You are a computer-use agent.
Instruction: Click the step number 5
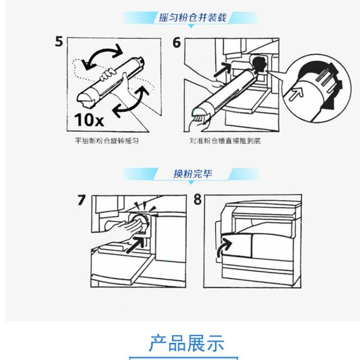(x=59, y=41)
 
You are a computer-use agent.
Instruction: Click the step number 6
(x=176, y=42)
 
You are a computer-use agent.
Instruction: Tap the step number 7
(x=81, y=200)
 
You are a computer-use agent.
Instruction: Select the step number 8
(x=198, y=199)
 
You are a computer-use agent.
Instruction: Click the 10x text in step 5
(x=89, y=120)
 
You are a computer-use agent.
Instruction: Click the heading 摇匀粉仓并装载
(x=193, y=18)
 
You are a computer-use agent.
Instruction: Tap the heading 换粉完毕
(x=193, y=174)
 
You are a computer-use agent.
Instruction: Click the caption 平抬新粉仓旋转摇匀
(x=107, y=140)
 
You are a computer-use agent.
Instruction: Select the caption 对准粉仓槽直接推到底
(x=225, y=140)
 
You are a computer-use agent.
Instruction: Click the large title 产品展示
(x=186, y=343)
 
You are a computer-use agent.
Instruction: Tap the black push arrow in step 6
(x=223, y=70)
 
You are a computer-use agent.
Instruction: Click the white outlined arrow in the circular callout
(x=296, y=94)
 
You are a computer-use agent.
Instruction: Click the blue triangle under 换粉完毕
(x=191, y=183)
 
